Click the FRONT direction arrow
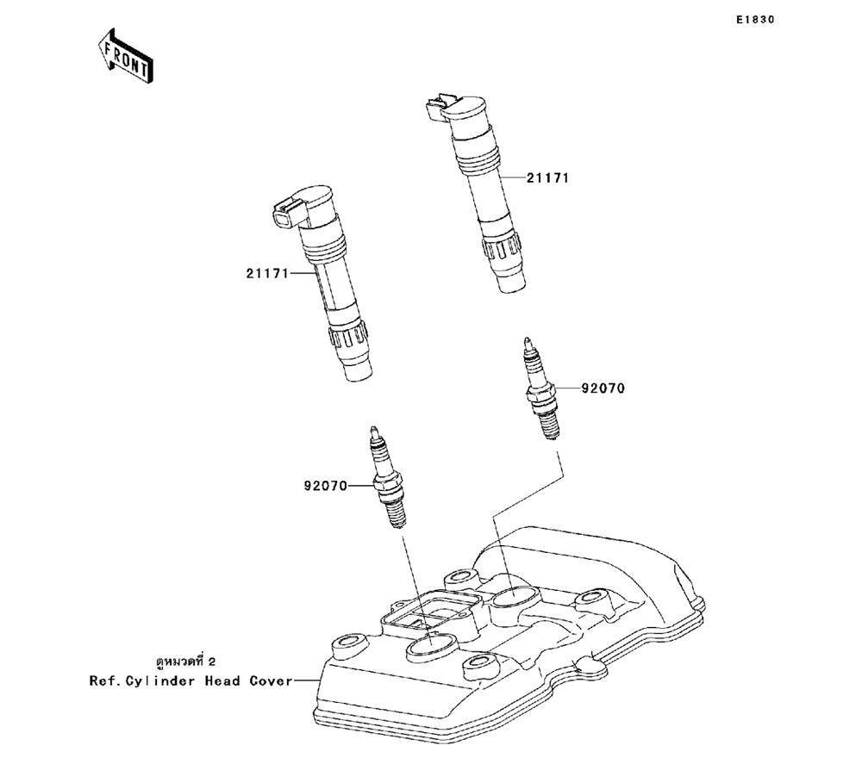click(126, 57)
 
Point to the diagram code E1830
click(755, 18)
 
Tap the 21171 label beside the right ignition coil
click(547, 178)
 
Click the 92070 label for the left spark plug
click(325, 486)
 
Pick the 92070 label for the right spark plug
click(602, 388)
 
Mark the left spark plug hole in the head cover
click(428, 645)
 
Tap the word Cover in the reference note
click(269, 680)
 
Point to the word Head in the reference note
click(222, 680)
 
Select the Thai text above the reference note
click(185, 662)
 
